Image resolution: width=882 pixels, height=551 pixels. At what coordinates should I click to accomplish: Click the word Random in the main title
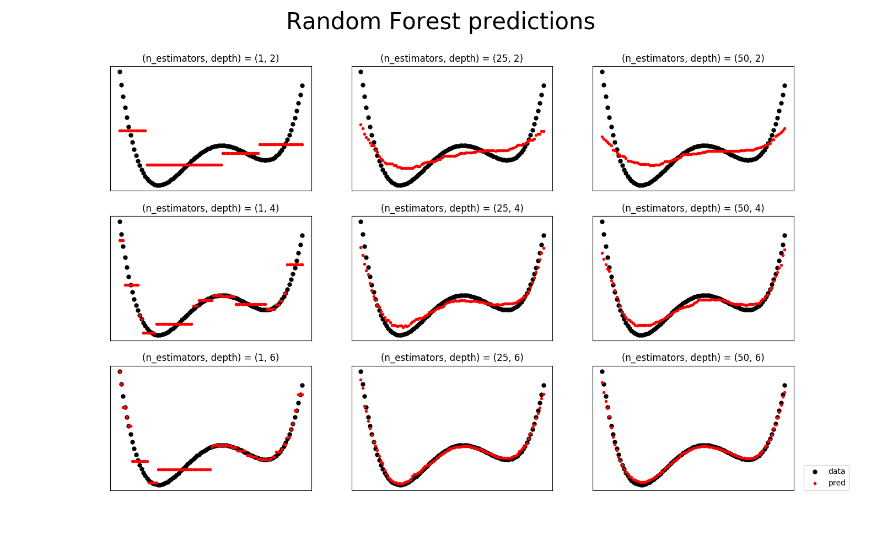(x=334, y=21)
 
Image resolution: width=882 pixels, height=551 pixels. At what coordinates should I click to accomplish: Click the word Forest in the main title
(x=424, y=21)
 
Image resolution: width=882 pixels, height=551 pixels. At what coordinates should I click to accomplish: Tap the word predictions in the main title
(x=531, y=23)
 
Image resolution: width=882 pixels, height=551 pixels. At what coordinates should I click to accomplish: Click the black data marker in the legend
(x=815, y=472)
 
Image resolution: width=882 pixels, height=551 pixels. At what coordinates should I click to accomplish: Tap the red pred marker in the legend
(x=815, y=483)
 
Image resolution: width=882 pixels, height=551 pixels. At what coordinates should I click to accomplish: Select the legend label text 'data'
(x=836, y=471)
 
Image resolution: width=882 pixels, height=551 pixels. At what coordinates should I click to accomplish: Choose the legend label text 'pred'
(x=836, y=483)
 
